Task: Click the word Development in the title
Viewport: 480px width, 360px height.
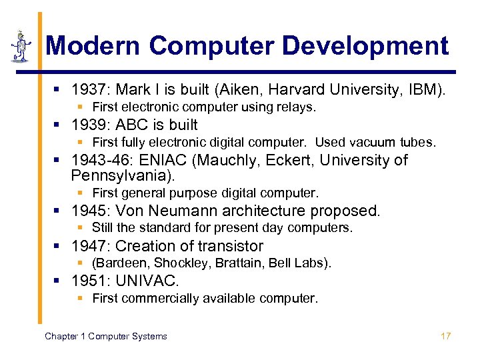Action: coord(365,46)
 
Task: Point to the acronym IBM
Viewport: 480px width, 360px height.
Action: coord(423,89)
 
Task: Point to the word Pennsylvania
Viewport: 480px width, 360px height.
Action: coord(121,176)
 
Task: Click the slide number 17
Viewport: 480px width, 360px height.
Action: coord(445,336)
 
